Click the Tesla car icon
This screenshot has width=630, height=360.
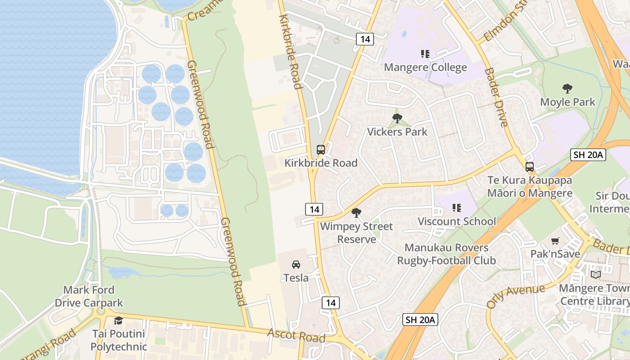click(x=296, y=264)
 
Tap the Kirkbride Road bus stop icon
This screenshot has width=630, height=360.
click(x=320, y=150)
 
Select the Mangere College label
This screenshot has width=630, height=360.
click(x=425, y=67)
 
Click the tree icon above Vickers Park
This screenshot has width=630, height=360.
click(x=397, y=118)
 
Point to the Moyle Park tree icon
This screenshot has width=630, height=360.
click(x=567, y=89)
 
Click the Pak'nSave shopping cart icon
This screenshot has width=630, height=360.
click(x=555, y=241)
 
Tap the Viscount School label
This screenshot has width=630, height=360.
click(x=457, y=221)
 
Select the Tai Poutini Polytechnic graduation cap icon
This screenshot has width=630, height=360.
click(x=118, y=320)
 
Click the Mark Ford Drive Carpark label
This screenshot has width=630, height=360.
click(x=89, y=296)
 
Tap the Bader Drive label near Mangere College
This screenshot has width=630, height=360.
click(x=496, y=97)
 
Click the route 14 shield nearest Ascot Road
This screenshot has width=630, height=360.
click(x=330, y=302)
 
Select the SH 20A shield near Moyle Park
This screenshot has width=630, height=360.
click(x=588, y=155)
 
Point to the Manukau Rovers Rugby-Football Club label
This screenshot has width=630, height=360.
click(x=446, y=254)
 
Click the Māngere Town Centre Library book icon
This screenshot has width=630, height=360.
click(x=595, y=274)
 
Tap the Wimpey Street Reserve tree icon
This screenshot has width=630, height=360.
click(x=356, y=212)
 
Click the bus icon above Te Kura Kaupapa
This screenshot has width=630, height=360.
click(x=529, y=167)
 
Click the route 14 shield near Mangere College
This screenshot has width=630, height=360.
click(x=365, y=39)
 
